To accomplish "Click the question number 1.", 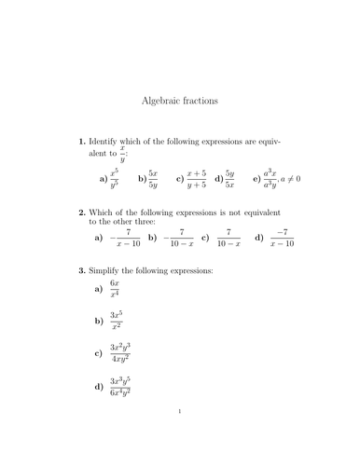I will click(x=80, y=142).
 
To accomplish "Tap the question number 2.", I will click(x=80, y=212).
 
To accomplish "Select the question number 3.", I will click(x=80, y=270).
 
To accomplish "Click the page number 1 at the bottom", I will click(x=179, y=435).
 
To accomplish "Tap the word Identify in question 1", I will click(x=108, y=142).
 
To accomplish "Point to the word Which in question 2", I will click(x=106, y=212).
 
